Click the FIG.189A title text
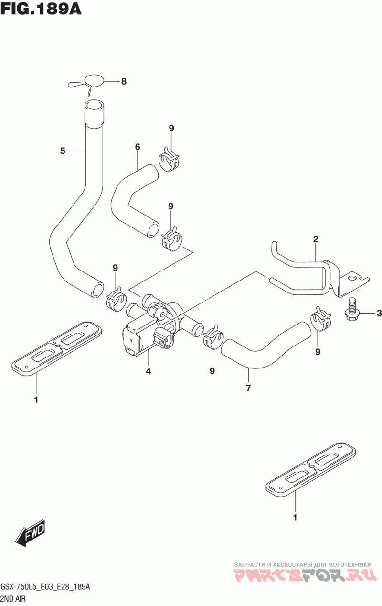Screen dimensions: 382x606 (x=41, y=9)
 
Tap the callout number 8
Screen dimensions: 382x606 (x=124, y=81)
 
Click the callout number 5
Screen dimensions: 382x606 (x=63, y=151)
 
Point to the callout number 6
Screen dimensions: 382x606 (x=138, y=147)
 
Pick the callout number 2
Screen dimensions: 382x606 (x=316, y=239)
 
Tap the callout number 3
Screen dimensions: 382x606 (x=379, y=314)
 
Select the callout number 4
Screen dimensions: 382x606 (x=148, y=371)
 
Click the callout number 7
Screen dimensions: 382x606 (x=248, y=388)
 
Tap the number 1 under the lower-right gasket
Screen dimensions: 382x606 (x=295, y=517)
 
